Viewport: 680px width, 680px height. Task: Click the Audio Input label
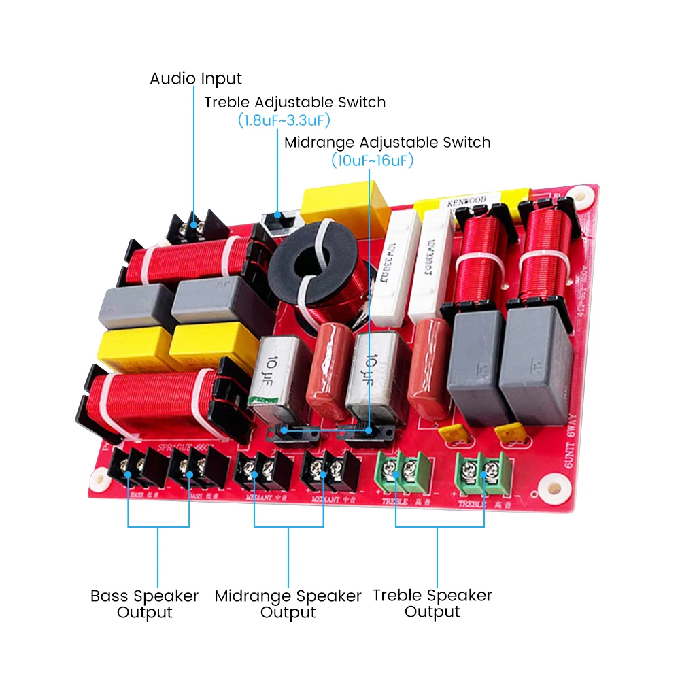tap(195, 79)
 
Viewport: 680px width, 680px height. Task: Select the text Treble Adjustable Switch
tap(294, 103)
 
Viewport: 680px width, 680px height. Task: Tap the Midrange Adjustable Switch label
tap(387, 143)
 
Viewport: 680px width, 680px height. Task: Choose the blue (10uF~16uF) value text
tap(372, 161)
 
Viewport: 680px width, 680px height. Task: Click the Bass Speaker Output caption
tap(144, 604)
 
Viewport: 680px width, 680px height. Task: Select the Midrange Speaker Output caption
tap(288, 604)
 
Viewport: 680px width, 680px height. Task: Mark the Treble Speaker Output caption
tap(432, 603)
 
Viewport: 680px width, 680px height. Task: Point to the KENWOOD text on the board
tap(466, 203)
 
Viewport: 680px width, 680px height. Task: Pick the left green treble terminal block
tap(403, 471)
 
